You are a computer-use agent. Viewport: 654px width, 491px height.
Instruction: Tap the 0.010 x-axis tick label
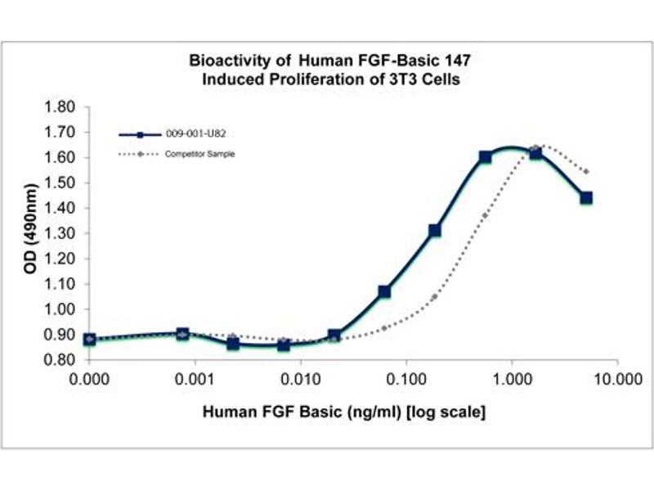302,381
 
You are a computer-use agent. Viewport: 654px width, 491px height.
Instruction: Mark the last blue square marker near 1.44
586,198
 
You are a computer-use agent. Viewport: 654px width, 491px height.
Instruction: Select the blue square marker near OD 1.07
384,291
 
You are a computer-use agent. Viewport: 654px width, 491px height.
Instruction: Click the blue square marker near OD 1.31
435,231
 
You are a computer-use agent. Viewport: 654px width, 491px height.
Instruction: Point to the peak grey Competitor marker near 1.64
536,148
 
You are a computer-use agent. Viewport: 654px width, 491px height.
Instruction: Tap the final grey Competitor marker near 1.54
586,172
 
